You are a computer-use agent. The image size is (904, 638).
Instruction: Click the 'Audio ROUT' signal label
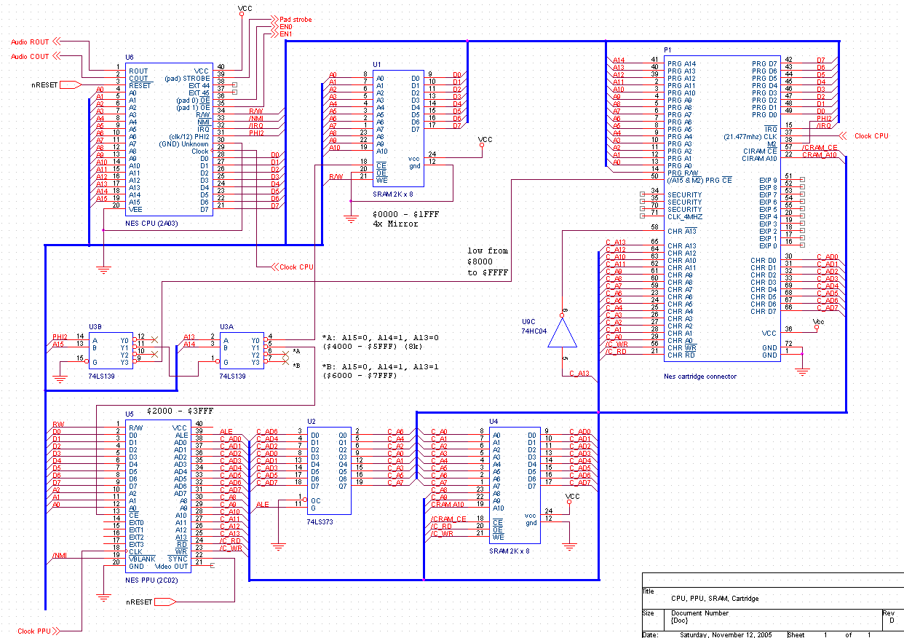pyautogui.click(x=30, y=42)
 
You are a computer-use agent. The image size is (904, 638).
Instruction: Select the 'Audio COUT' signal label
pyautogui.click(x=30, y=57)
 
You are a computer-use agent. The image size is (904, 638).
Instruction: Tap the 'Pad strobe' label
pyautogui.click(x=296, y=20)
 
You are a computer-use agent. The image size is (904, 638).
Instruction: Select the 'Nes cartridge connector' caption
pyautogui.click(x=699, y=376)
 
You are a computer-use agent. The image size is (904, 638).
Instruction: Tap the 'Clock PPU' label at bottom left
pyautogui.click(x=34, y=631)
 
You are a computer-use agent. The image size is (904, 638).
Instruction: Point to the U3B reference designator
pyautogui.click(x=95, y=327)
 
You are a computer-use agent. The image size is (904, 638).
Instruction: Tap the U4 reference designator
pyautogui.click(x=493, y=422)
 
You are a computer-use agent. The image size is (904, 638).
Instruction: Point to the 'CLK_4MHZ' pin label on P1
pyautogui.click(x=685, y=216)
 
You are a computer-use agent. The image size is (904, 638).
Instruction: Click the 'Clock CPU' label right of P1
pyautogui.click(x=871, y=136)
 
